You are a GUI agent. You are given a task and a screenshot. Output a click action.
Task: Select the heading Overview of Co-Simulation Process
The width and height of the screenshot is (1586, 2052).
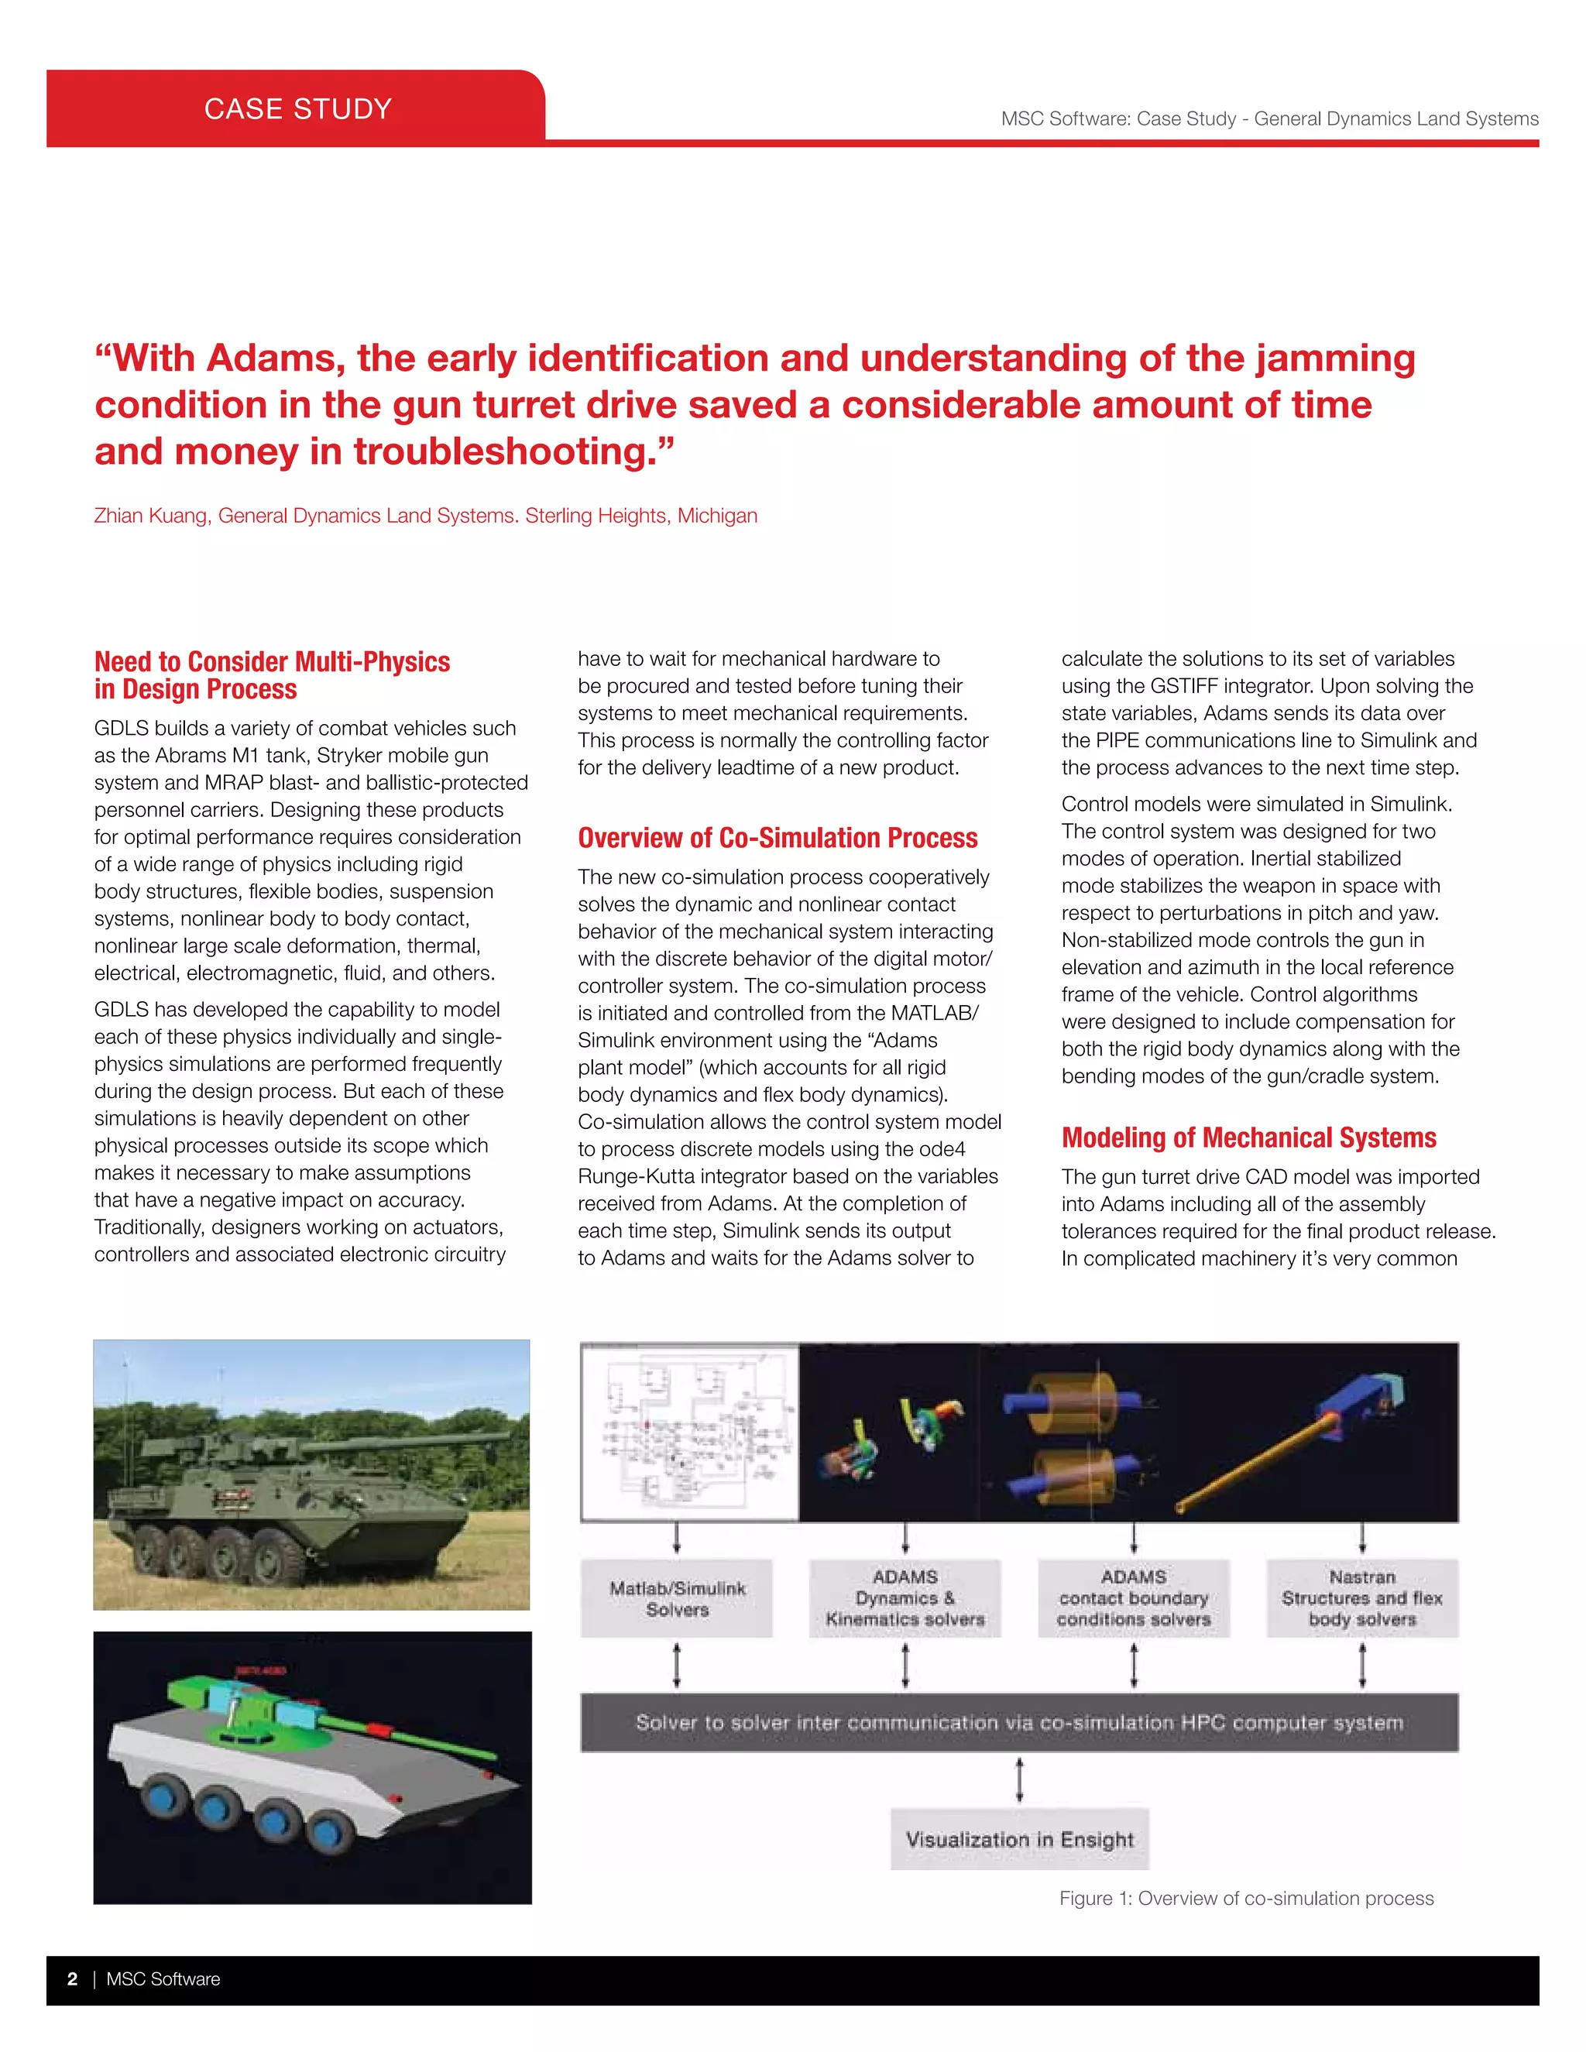777,837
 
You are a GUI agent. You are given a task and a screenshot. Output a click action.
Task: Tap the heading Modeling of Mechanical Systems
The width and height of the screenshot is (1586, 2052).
1248,1138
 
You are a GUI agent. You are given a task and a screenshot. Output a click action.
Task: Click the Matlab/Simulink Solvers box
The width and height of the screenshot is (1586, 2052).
677,1598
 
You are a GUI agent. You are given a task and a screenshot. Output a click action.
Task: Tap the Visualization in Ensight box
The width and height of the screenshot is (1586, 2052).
1019,1839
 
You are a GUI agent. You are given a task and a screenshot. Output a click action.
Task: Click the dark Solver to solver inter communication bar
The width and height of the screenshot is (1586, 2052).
1018,1722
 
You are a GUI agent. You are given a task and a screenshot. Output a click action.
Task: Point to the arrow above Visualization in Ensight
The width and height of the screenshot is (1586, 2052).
1019,1779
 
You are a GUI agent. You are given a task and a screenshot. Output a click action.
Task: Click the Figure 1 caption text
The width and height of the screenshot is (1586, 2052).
1246,1898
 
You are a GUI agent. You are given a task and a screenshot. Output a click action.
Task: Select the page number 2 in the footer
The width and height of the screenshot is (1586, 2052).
72,1978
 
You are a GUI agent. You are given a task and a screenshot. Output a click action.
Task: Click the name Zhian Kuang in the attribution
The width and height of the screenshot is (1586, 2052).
150,516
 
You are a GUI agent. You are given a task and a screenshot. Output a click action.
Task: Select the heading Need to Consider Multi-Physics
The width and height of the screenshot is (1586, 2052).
272,661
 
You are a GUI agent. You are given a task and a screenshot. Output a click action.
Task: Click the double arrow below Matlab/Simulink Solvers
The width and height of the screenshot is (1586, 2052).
677,1665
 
